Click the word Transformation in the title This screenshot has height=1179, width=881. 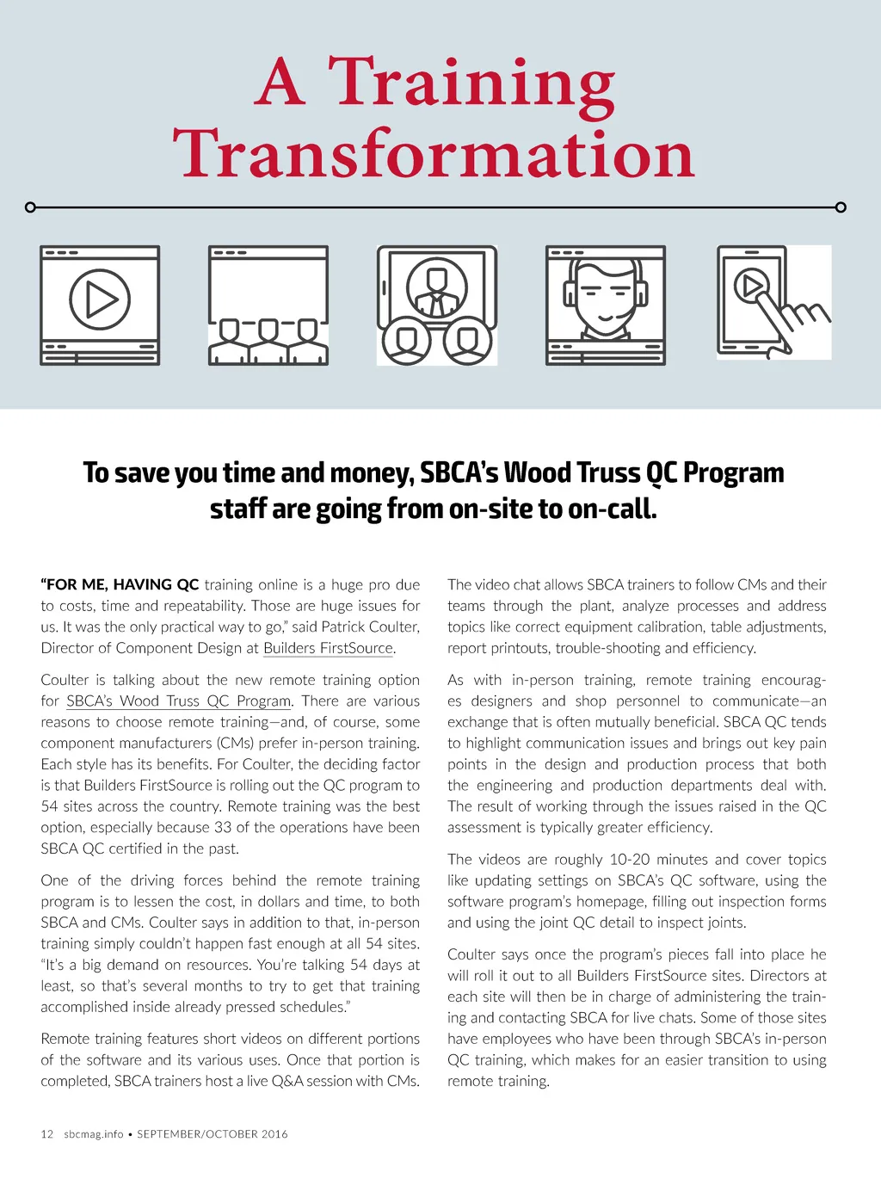pos(434,154)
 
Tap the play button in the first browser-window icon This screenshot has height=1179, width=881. pos(100,299)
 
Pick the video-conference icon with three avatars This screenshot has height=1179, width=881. pos(437,306)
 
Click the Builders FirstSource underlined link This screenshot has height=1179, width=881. pos(329,648)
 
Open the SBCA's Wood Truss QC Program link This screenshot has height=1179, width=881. pos(179,701)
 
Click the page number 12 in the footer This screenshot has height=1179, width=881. pos(47,1134)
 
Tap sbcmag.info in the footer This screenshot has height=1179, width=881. pos(94,1134)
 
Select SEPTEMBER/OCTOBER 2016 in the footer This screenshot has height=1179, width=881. pos(213,1134)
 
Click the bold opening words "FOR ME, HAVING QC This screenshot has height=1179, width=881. pos(120,584)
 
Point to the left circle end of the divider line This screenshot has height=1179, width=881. pos(31,207)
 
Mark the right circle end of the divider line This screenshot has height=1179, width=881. pos(841,207)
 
